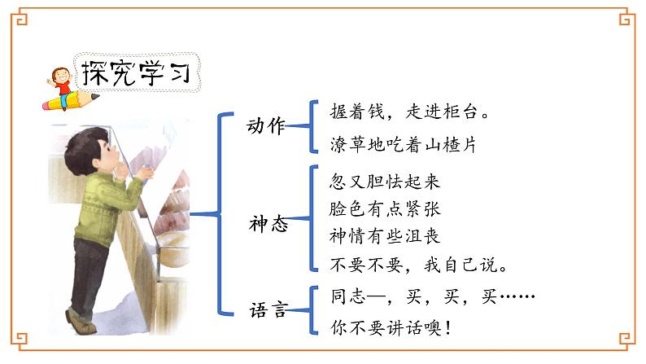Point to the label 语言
click(x=268, y=309)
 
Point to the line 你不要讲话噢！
click(x=391, y=328)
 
